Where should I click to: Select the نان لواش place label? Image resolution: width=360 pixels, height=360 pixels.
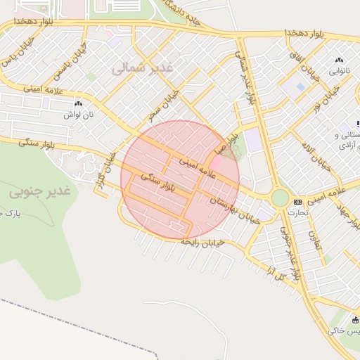tap(78, 114)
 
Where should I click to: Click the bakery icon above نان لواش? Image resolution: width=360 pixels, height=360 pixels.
tap(78, 103)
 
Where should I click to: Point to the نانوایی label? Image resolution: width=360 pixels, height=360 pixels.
tap(339, 72)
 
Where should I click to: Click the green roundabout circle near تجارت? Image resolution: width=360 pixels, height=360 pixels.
tap(280, 198)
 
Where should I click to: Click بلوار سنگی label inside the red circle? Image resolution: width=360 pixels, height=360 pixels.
tap(157, 184)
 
